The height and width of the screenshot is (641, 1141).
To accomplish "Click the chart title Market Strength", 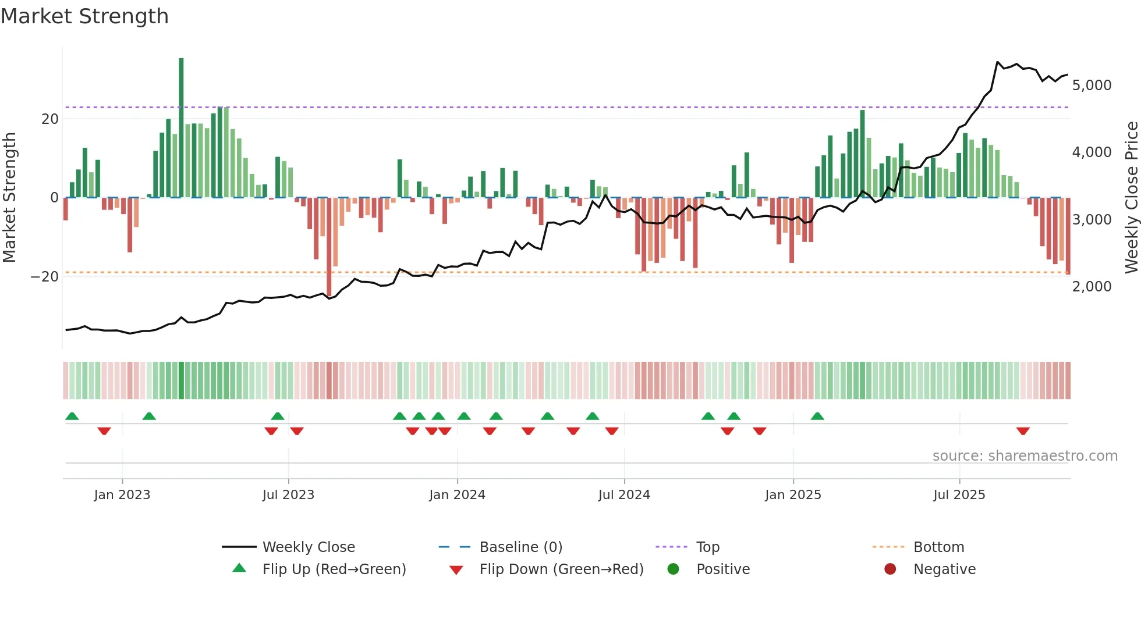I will pyautogui.click(x=84, y=16).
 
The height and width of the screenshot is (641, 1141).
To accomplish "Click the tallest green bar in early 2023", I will pyautogui.click(x=181, y=128).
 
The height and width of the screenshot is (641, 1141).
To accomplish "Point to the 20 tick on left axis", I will pyautogui.click(x=50, y=119).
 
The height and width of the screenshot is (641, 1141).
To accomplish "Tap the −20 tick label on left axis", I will pyautogui.click(x=45, y=277).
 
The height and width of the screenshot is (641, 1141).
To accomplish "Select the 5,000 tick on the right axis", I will pyautogui.click(x=1092, y=86).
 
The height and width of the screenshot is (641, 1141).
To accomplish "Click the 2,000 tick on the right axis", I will pyautogui.click(x=1092, y=287).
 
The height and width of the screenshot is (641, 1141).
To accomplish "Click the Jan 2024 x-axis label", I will pyautogui.click(x=457, y=495).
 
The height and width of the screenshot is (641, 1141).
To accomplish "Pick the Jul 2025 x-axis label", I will pyautogui.click(x=959, y=495).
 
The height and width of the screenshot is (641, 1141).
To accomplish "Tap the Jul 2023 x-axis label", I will pyautogui.click(x=288, y=495).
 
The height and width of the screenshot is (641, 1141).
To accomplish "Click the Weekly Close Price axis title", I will pyautogui.click(x=1131, y=198).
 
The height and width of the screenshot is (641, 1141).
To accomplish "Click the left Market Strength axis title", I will pyautogui.click(x=10, y=198).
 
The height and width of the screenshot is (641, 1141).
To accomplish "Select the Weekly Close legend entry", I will pyautogui.click(x=308, y=547).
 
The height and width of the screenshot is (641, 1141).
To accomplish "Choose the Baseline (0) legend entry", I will pyautogui.click(x=520, y=547).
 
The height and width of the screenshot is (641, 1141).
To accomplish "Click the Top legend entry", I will pyautogui.click(x=707, y=547).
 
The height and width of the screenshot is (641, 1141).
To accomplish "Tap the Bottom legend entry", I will pyautogui.click(x=938, y=547).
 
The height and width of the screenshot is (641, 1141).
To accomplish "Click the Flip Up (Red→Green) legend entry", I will pyautogui.click(x=334, y=569).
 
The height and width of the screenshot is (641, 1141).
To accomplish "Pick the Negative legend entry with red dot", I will pyautogui.click(x=944, y=569).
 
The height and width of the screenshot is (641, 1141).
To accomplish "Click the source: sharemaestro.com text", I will pyautogui.click(x=1025, y=456).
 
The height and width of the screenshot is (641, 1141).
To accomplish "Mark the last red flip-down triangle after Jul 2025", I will pyautogui.click(x=1023, y=431).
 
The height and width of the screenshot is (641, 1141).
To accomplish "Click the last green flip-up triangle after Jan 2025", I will pyautogui.click(x=817, y=416).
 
